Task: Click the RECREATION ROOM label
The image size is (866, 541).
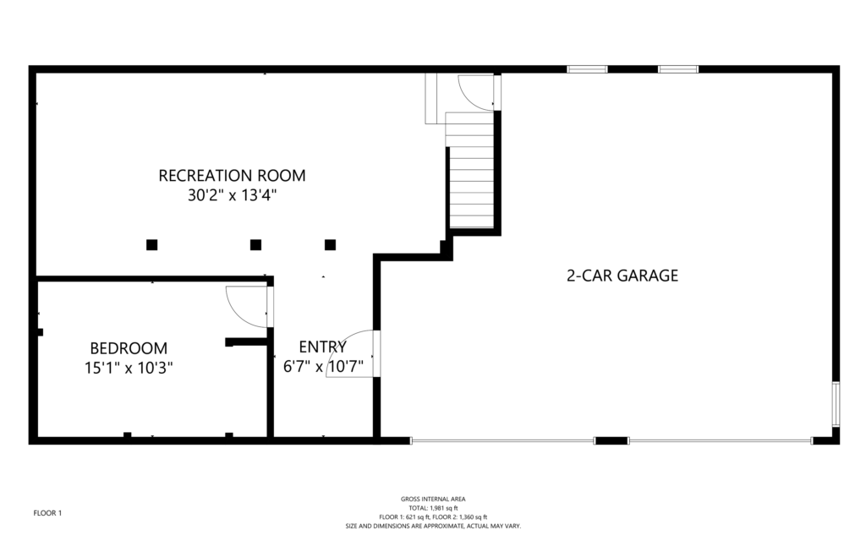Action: pyautogui.click(x=232, y=176)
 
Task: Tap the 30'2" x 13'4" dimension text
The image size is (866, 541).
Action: pyautogui.click(x=232, y=195)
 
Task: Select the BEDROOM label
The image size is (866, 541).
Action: pyautogui.click(x=129, y=348)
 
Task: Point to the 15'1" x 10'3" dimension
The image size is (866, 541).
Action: pyautogui.click(x=129, y=368)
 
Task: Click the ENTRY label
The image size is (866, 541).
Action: pyautogui.click(x=322, y=347)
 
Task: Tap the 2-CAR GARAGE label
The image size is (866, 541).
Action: pyautogui.click(x=622, y=276)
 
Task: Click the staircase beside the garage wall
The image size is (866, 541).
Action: pyautogui.click(x=470, y=170)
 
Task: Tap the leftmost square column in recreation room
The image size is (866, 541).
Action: pyautogui.click(x=152, y=244)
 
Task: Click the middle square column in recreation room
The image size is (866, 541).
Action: pyautogui.click(x=255, y=244)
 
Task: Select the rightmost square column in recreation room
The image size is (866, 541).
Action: pyautogui.click(x=331, y=244)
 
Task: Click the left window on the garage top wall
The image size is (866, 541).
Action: pyautogui.click(x=588, y=69)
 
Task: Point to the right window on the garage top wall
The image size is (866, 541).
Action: pyautogui.click(x=678, y=69)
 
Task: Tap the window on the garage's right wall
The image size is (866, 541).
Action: pyautogui.click(x=836, y=403)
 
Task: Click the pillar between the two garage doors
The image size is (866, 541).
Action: pyautogui.click(x=611, y=440)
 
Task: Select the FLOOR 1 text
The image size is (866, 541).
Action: pyautogui.click(x=47, y=513)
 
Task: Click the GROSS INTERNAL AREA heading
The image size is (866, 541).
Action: pyautogui.click(x=433, y=499)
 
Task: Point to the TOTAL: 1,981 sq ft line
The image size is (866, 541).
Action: pyautogui.click(x=433, y=508)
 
